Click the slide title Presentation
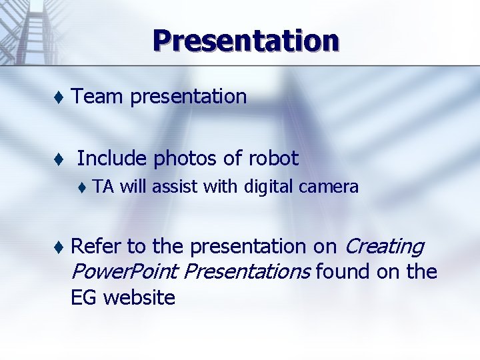pyautogui.click(x=245, y=40)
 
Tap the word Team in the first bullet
pyautogui.click(x=98, y=97)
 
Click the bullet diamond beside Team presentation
pyautogui.click(x=59, y=97)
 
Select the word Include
pyautogui.click(x=111, y=159)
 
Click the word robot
pyautogui.click(x=273, y=159)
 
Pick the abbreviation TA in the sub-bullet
pyautogui.click(x=103, y=187)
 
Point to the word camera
pyautogui.click(x=329, y=187)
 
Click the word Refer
pyautogui.click(x=96, y=247)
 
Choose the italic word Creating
pyautogui.click(x=383, y=247)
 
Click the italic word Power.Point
pyautogui.click(x=125, y=272)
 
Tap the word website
pyautogui.click(x=139, y=297)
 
